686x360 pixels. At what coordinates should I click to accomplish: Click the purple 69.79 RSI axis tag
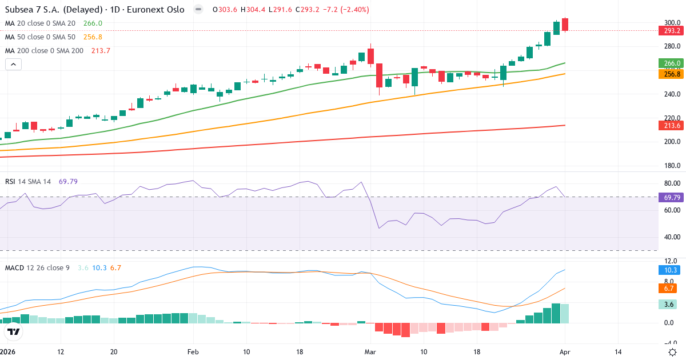(672, 197)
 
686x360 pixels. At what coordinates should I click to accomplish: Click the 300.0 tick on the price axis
(672, 22)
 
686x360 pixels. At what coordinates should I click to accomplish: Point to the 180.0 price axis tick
(672, 166)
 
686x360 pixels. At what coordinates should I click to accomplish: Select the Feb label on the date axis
(193, 352)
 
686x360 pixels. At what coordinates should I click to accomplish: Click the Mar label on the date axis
(370, 352)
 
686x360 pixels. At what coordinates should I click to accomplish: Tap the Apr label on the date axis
(565, 352)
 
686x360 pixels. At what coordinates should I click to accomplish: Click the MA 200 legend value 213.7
(101, 50)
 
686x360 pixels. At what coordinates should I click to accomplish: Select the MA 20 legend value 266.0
(93, 23)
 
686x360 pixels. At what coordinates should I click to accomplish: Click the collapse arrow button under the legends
(13, 64)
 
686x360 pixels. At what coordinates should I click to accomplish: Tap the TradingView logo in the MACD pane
(14, 331)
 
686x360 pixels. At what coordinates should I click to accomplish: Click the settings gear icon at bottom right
(672, 352)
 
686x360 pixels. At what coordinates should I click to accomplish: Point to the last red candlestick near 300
(565, 24)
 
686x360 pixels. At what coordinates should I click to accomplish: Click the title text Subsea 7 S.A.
(37, 10)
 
